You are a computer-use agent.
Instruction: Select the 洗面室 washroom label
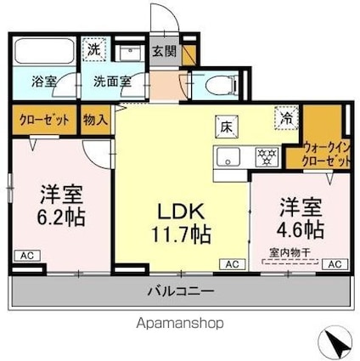(x=112, y=83)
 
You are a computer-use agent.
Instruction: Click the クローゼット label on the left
(x=45, y=121)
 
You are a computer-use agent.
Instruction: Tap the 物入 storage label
(x=96, y=121)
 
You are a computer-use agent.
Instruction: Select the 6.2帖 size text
(x=59, y=217)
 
